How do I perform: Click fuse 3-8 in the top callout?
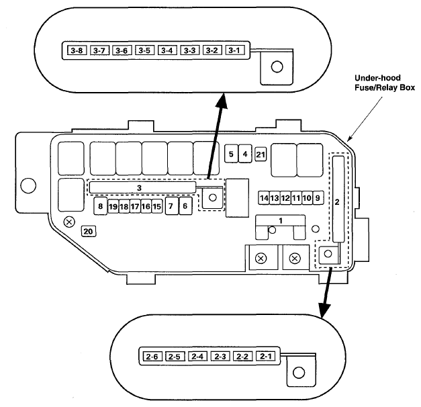(x=77, y=50)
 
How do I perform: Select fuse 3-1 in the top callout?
(x=235, y=50)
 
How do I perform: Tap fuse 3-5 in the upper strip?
(x=144, y=50)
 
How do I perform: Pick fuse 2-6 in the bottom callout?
(x=152, y=357)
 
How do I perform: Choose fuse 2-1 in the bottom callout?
(x=266, y=356)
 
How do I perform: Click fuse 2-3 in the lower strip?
(x=220, y=356)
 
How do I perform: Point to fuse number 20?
(x=89, y=231)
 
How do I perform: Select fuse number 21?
(x=261, y=154)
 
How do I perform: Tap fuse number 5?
(x=231, y=154)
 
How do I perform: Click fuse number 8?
(x=101, y=206)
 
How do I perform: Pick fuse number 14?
(x=264, y=198)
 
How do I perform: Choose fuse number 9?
(x=318, y=198)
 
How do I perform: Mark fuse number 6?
(x=185, y=206)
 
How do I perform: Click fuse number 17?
(x=135, y=206)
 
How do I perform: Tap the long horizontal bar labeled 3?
(x=142, y=187)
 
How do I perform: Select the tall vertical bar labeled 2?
(x=338, y=199)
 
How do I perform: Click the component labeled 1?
(x=280, y=221)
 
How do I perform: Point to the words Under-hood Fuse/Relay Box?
(x=385, y=83)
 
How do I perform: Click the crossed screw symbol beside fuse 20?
(x=69, y=222)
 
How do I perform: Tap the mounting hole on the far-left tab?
(x=28, y=185)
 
